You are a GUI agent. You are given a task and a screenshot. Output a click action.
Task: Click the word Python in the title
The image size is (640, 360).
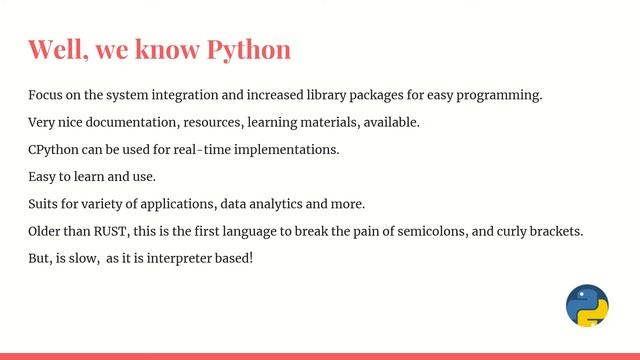coord(248,50)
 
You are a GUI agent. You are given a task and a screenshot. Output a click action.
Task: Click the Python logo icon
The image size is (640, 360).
coord(587,306)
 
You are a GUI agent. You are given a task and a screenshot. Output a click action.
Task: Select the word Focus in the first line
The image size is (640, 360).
coord(46,96)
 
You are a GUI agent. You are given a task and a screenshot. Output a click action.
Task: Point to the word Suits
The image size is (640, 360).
coord(44,204)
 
